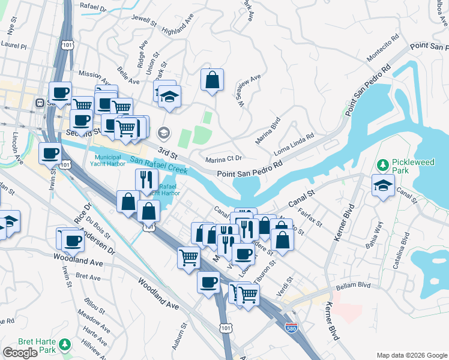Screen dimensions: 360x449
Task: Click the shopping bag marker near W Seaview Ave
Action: coord(212,80)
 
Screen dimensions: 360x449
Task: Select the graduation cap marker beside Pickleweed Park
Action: coord(384,185)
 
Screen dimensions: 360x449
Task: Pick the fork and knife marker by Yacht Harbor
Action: coord(146,180)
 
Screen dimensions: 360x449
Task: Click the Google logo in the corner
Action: coord(20,353)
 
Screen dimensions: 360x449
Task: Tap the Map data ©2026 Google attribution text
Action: coord(411,355)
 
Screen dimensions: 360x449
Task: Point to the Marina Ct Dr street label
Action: coord(223,159)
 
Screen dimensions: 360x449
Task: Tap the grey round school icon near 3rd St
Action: coord(163,132)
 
